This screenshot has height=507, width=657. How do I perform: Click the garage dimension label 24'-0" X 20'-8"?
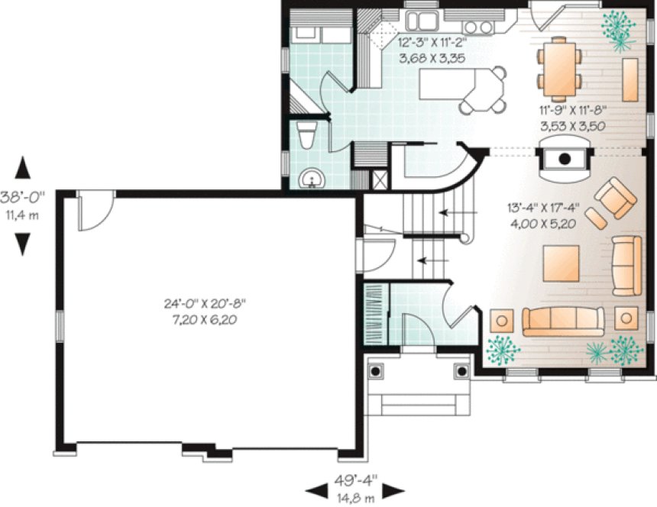[204, 303]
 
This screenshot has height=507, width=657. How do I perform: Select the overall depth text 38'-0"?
[23, 194]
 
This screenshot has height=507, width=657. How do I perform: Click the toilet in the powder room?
[306, 135]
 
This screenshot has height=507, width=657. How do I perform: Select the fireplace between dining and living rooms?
[565, 158]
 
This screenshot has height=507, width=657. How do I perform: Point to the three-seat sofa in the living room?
[563, 320]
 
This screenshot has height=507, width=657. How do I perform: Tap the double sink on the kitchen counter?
[421, 19]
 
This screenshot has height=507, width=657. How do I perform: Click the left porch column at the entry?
[376, 371]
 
